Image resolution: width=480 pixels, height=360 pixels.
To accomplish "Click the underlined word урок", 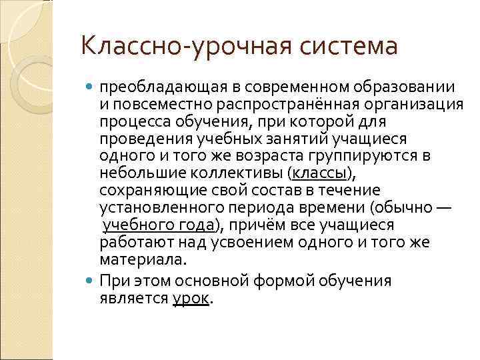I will (191, 298).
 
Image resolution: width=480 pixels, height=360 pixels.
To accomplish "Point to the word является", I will (134, 298).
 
